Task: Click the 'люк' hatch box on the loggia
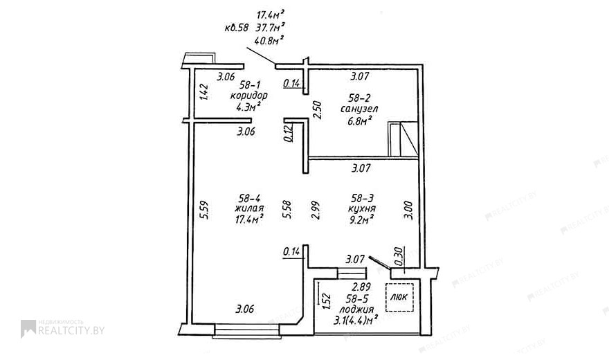click(x=399, y=297)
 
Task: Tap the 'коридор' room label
click(x=248, y=96)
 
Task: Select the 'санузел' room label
click(x=359, y=109)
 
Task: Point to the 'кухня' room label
click(x=362, y=208)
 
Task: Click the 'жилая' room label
click(x=249, y=208)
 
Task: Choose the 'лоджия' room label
click(x=356, y=309)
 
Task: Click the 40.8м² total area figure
click(x=269, y=40)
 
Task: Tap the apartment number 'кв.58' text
click(x=237, y=28)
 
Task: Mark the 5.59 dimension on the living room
click(x=204, y=210)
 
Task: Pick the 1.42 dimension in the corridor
click(x=203, y=91)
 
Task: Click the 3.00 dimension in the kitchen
click(x=409, y=210)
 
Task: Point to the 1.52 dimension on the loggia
click(x=326, y=302)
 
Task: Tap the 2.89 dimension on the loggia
click(x=361, y=287)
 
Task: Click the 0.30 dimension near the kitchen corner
click(x=399, y=256)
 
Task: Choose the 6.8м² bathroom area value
click(x=360, y=120)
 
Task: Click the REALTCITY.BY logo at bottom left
click(x=63, y=329)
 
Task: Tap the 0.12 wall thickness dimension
click(x=288, y=133)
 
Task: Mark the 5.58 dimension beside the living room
click(x=287, y=210)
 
